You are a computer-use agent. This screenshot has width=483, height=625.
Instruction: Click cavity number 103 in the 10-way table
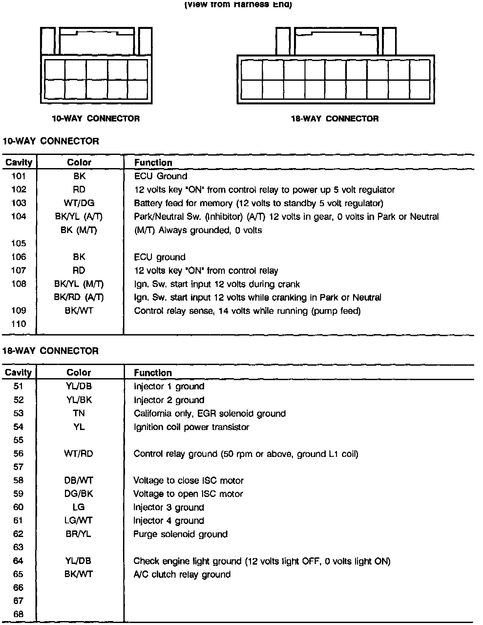coord(19,203)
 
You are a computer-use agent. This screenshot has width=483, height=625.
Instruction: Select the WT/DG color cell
coord(79,203)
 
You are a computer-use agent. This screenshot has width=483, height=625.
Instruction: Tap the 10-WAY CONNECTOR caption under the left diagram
coord(96,119)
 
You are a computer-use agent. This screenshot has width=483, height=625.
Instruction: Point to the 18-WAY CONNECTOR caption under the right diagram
coord(335,119)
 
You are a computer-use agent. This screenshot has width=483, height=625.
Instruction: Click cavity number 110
coord(19,324)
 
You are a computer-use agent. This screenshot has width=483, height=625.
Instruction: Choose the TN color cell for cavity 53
coord(79,413)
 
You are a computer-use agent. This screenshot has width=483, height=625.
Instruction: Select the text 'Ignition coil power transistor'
coord(191,427)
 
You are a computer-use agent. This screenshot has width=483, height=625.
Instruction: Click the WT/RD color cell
coord(79,454)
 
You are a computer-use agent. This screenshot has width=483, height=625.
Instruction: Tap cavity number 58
coord(18,481)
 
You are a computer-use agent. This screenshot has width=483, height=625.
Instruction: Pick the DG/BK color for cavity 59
coord(79,494)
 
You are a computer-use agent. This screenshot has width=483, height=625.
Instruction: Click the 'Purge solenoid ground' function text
coord(180,534)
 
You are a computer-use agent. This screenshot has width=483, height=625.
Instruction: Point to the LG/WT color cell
coord(78,521)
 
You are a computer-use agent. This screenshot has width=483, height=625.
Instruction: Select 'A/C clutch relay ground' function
coord(182,574)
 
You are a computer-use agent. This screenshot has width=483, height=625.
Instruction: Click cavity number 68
coord(18,614)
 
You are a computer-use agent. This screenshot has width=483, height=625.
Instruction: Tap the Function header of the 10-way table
coord(153,162)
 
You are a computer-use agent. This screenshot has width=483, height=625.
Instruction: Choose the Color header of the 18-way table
coord(79,373)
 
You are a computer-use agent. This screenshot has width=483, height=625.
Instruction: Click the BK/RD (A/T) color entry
coord(79,297)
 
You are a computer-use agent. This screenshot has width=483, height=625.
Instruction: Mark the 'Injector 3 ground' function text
coord(169,507)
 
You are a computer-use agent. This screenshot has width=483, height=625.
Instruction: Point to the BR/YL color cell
coord(78,534)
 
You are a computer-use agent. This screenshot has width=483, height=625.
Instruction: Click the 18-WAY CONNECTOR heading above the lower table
coord(51,351)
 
